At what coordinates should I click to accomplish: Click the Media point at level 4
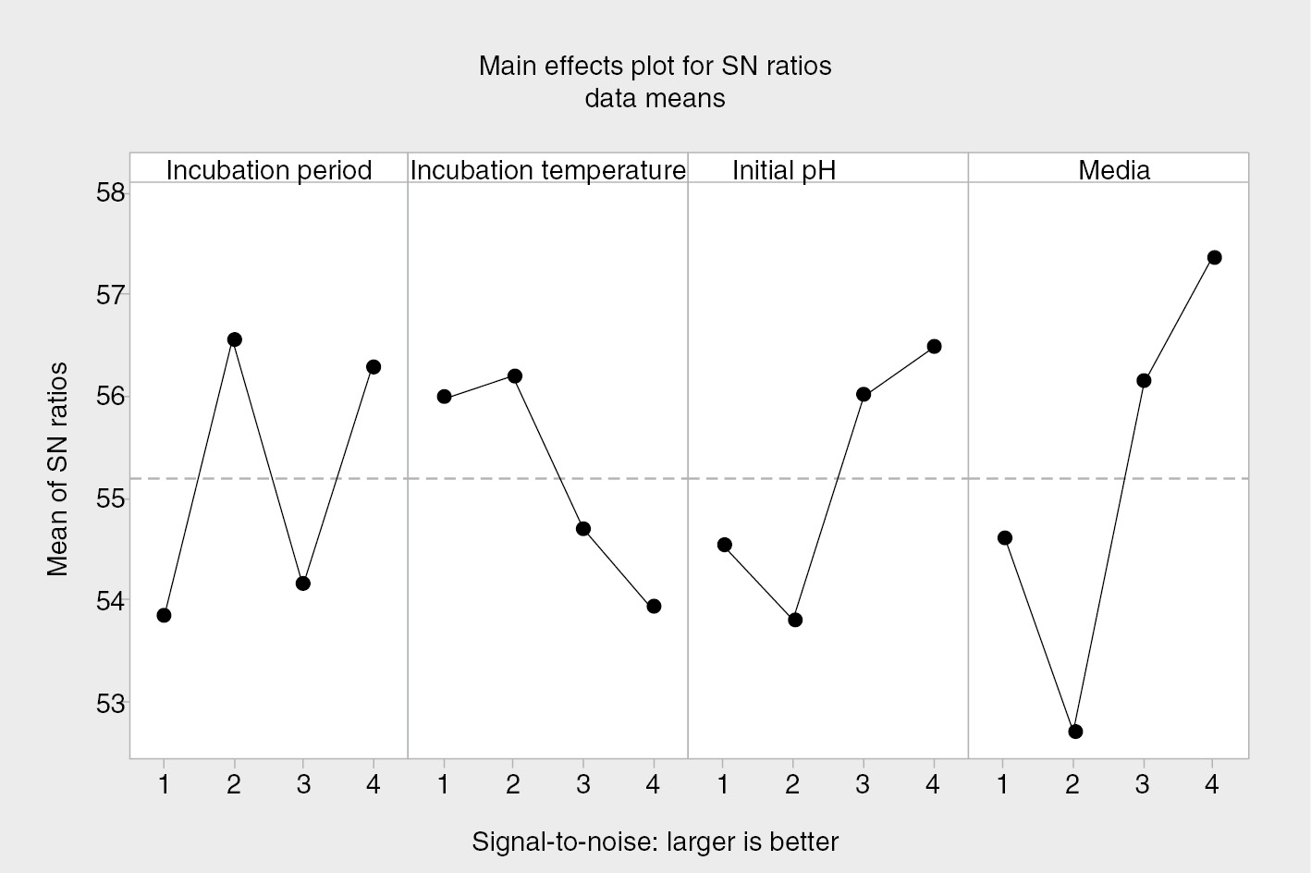1214,257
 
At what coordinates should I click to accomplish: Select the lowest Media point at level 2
1074,732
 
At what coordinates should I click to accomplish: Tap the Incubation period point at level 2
234,339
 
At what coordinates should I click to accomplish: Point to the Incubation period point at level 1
164,615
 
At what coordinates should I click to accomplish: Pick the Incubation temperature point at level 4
654,606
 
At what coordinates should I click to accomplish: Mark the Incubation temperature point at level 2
515,376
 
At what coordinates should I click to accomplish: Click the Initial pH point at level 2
795,620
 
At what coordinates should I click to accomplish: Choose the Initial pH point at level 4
934,346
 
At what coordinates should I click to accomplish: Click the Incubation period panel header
269,170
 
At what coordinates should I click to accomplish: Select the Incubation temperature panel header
547,170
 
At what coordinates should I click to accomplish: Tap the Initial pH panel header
784,170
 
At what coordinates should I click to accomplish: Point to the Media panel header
1114,170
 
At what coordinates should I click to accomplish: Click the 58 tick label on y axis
110,193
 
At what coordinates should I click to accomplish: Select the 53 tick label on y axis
110,704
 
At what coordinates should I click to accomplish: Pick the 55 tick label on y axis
110,499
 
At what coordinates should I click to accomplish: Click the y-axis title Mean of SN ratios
57,470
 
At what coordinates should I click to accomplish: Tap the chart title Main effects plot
655,67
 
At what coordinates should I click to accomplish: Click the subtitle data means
655,98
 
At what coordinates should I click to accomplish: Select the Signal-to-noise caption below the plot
655,842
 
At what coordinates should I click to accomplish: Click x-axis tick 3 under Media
1143,785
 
